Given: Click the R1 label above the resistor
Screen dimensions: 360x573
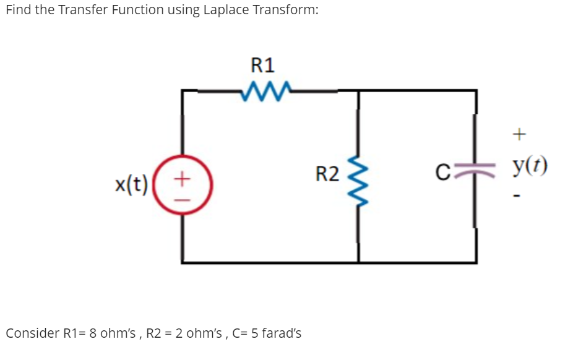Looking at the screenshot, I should [x=263, y=64].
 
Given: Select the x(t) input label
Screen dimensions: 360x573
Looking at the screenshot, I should [x=131, y=184].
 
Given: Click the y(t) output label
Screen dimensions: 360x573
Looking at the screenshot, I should [x=530, y=167].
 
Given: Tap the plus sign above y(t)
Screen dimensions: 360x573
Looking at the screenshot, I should [x=520, y=132].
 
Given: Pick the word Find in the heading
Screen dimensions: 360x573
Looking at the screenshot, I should [x=18, y=11].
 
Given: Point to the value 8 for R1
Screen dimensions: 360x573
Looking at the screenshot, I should [x=93, y=333].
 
